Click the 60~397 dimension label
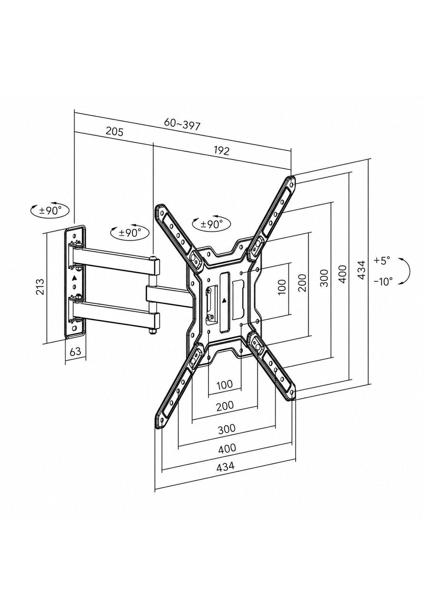(182, 125)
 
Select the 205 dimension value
(114, 132)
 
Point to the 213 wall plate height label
(40, 287)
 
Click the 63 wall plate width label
(75, 351)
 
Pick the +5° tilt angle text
(381, 260)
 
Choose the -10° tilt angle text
(383, 281)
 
